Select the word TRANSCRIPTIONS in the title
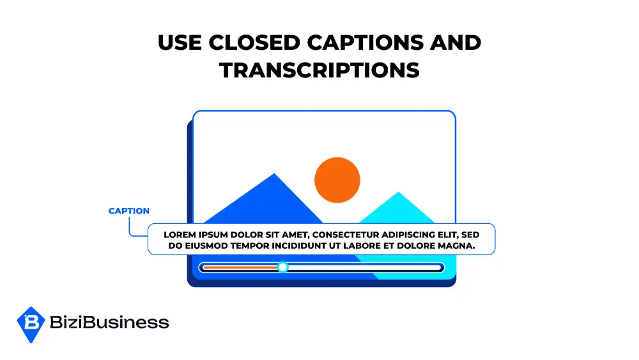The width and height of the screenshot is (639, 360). [319, 70]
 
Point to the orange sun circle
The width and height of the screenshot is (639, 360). [337, 180]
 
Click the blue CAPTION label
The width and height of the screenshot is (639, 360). [129, 211]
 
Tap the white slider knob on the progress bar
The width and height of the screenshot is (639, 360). [282, 267]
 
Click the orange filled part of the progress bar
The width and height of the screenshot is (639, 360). [240, 267]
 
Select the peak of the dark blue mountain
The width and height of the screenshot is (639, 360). [275, 175]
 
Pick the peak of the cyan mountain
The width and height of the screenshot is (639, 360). [398, 193]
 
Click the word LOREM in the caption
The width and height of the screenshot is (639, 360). [180, 234]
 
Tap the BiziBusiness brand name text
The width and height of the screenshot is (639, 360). [109, 322]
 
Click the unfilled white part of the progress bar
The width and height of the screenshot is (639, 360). [364, 267]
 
